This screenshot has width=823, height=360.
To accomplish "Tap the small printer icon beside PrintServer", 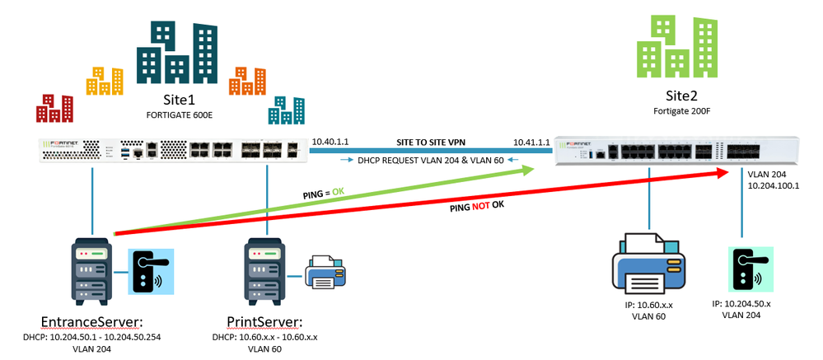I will point(329,272).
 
